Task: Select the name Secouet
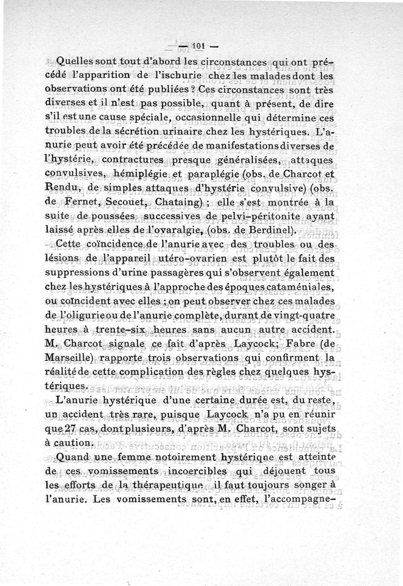(x=124, y=203)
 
